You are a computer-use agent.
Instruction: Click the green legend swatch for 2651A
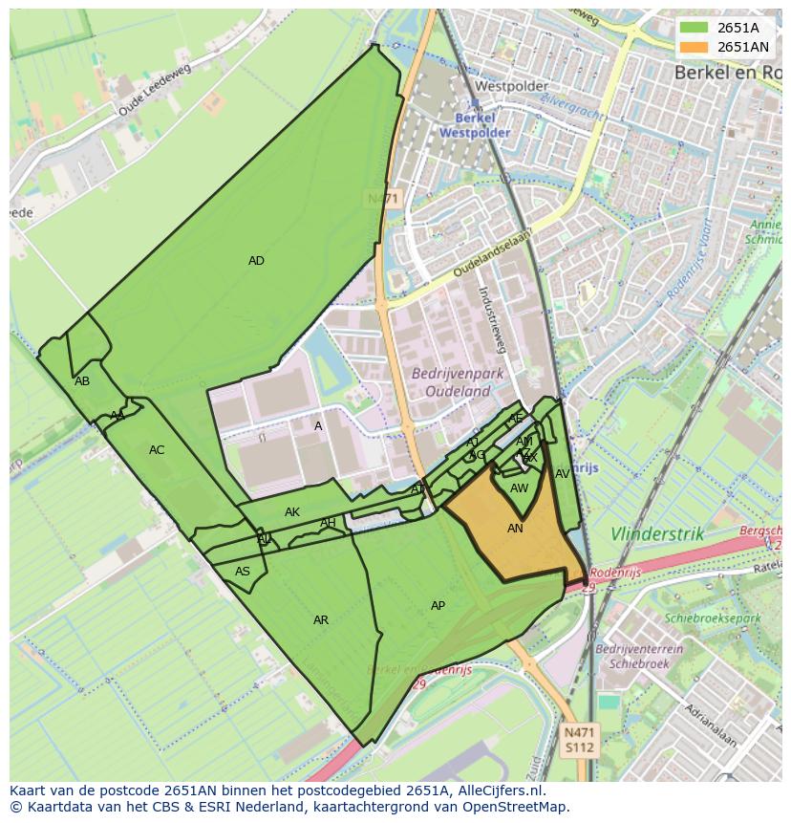(695, 28)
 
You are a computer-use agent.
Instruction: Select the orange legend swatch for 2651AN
(695, 47)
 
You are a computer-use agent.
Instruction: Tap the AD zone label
(256, 261)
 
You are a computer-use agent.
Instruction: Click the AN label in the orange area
(515, 529)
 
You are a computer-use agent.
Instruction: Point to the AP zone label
(438, 606)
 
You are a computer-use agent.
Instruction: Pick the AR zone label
(321, 620)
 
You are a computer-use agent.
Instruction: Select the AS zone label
(243, 572)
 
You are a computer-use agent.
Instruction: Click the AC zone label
(157, 450)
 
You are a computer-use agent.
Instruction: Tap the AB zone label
(82, 381)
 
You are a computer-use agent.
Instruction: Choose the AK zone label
(292, 512)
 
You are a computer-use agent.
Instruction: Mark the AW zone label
(519, 488)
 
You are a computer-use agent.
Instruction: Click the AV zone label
(563, 474)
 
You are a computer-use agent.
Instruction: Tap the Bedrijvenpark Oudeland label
(451, 382)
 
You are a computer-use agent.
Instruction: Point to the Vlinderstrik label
(657, 534)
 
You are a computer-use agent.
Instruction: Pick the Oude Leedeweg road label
(154, 91)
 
